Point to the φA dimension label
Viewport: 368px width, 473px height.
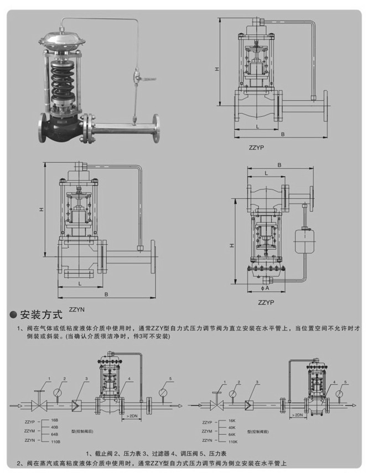266,288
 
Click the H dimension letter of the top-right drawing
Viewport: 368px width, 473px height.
217,69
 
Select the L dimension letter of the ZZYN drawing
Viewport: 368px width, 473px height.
81,282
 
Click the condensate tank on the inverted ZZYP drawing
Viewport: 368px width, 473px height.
302,236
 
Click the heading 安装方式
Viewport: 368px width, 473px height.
42,316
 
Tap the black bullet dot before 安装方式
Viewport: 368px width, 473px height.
13,316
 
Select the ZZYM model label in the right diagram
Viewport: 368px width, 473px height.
208,431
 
